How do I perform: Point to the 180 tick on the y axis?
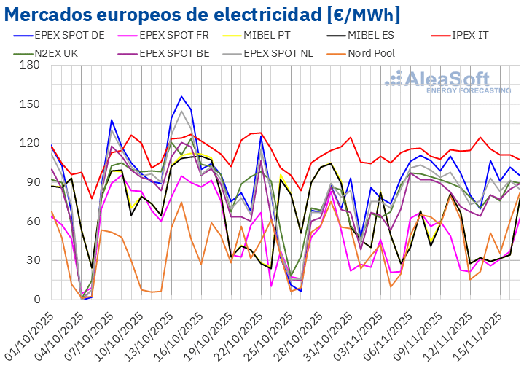pyautogui.click(x=29, y=64)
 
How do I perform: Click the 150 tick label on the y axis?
pyautogui.click(x=29, y=104)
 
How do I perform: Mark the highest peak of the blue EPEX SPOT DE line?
pyautogui.click(x=181, y=96)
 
